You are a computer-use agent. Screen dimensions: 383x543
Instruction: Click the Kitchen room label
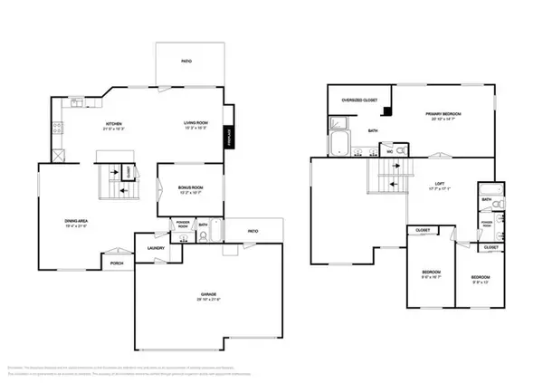coord(114,123)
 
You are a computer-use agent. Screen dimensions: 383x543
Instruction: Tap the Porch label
coord(117,264)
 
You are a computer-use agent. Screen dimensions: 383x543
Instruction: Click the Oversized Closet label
coord(358,99)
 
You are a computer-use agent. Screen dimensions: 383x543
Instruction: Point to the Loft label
coord(438,185)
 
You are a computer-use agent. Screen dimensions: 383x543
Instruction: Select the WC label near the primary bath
coord(389,151)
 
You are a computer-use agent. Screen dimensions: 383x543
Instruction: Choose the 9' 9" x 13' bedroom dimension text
coord(480,282)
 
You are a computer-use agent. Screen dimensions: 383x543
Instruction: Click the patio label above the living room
coord(186,61)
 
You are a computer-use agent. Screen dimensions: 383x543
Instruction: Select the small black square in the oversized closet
coord(386,111)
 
